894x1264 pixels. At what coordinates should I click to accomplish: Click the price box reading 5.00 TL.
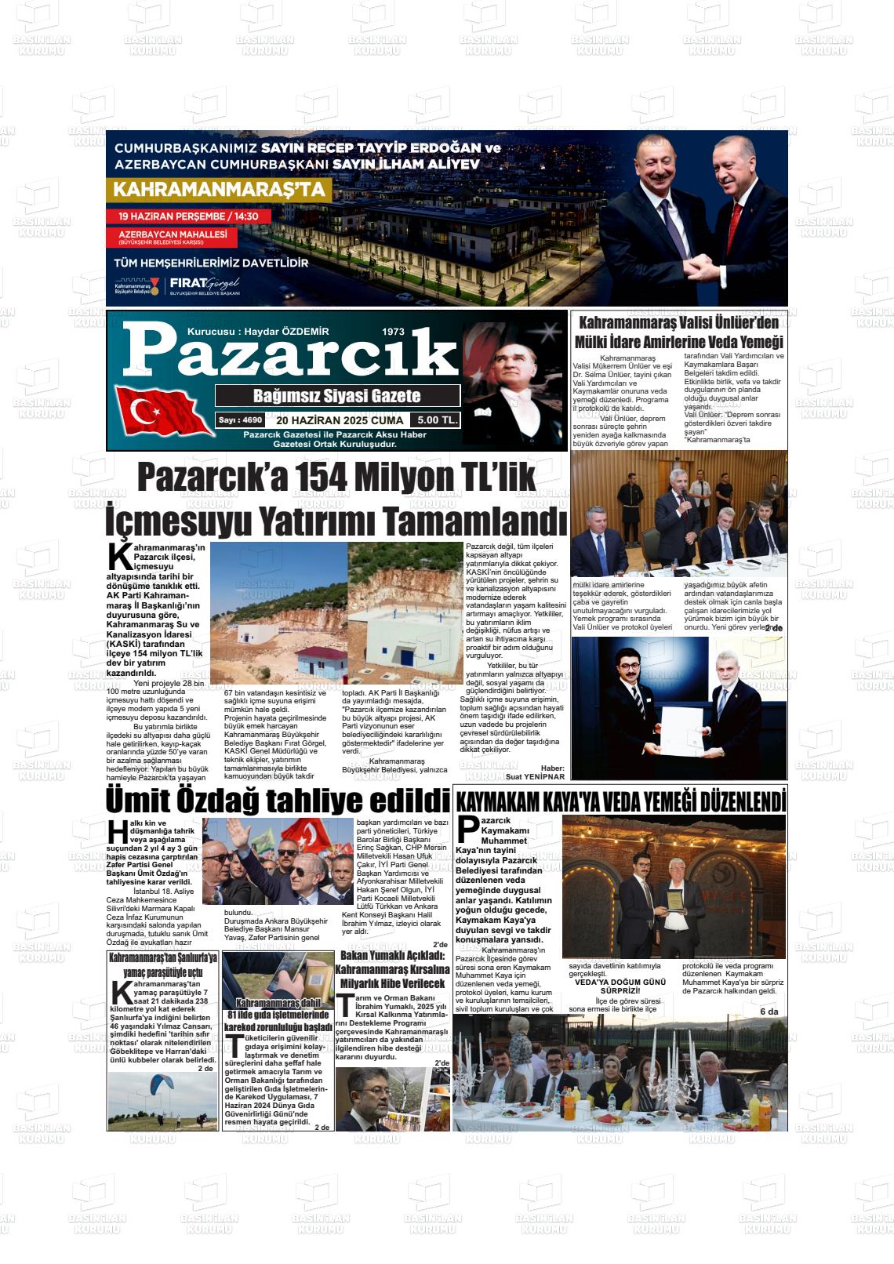438,420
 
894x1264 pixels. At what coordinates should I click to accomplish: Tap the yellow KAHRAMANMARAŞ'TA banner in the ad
220,190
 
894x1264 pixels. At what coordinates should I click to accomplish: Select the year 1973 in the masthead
393,332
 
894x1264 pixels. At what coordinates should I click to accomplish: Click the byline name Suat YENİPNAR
536,776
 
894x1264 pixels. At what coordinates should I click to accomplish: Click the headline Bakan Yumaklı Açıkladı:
392,955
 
